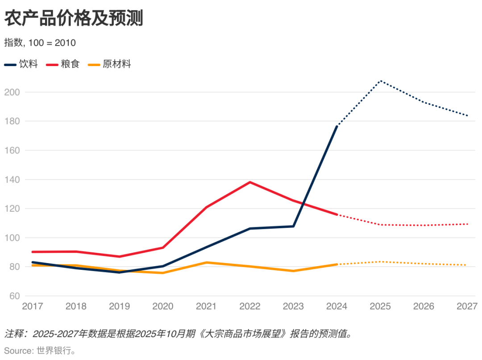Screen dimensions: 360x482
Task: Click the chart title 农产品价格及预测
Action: (74, 19)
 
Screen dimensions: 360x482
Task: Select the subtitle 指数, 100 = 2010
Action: (40, 43)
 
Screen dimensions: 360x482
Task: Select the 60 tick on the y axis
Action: (14, 296)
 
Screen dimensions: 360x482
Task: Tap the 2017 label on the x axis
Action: (33, 306)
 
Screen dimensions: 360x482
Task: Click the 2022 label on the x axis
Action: (250, 306)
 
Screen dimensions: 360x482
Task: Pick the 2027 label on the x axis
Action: (467, 306)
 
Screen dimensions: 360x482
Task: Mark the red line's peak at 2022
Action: (250, 182)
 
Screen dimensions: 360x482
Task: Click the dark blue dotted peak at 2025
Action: (380, 81)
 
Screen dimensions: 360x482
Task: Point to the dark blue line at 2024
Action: (337, 126)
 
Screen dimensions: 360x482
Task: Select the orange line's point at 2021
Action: (207, 263)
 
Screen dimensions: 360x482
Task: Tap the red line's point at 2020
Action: (163, 247)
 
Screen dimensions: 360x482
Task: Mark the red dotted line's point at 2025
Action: (380, 225)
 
